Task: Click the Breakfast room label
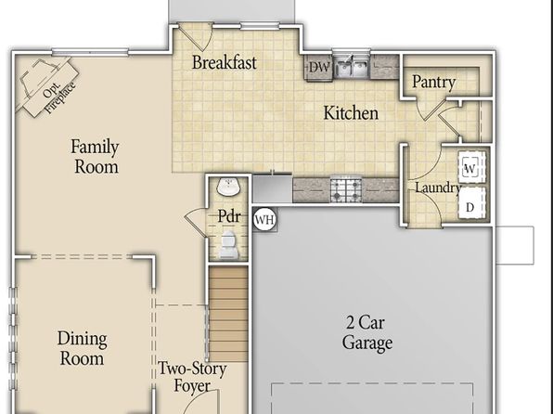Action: point(225,62)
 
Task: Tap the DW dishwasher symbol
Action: point(319,67)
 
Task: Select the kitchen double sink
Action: point(352,67)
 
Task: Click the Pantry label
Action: point(434,83)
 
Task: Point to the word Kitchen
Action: point(351,113)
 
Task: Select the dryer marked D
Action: point(471,204)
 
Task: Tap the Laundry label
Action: point(438,188)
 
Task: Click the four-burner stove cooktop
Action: point(346,190)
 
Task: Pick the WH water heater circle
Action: point(264,219)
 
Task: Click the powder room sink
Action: point(228,187)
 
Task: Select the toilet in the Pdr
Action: point(228,245)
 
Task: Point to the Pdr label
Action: point(229,216)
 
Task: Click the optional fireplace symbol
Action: point(45,84)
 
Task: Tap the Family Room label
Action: point(96,156)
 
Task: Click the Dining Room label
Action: point(83,348)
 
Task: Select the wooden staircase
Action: point(228,314)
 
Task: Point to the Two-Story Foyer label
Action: point(192,377)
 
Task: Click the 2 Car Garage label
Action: point(367,332)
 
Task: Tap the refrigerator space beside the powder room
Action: point(272,189)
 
